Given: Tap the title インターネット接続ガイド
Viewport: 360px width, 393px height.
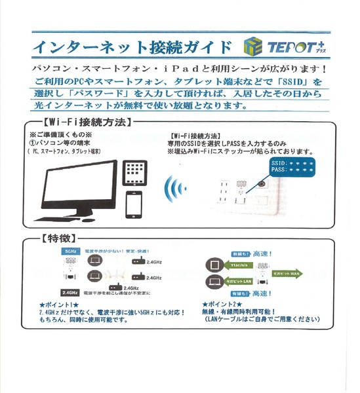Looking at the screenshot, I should (x=131, y=47).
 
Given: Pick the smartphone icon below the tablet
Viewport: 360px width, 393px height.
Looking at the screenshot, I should (x=134, y=205).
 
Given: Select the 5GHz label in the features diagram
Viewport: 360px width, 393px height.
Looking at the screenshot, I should (x=70, y=252).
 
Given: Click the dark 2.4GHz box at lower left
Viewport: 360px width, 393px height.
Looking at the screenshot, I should (x=70, y=292).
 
